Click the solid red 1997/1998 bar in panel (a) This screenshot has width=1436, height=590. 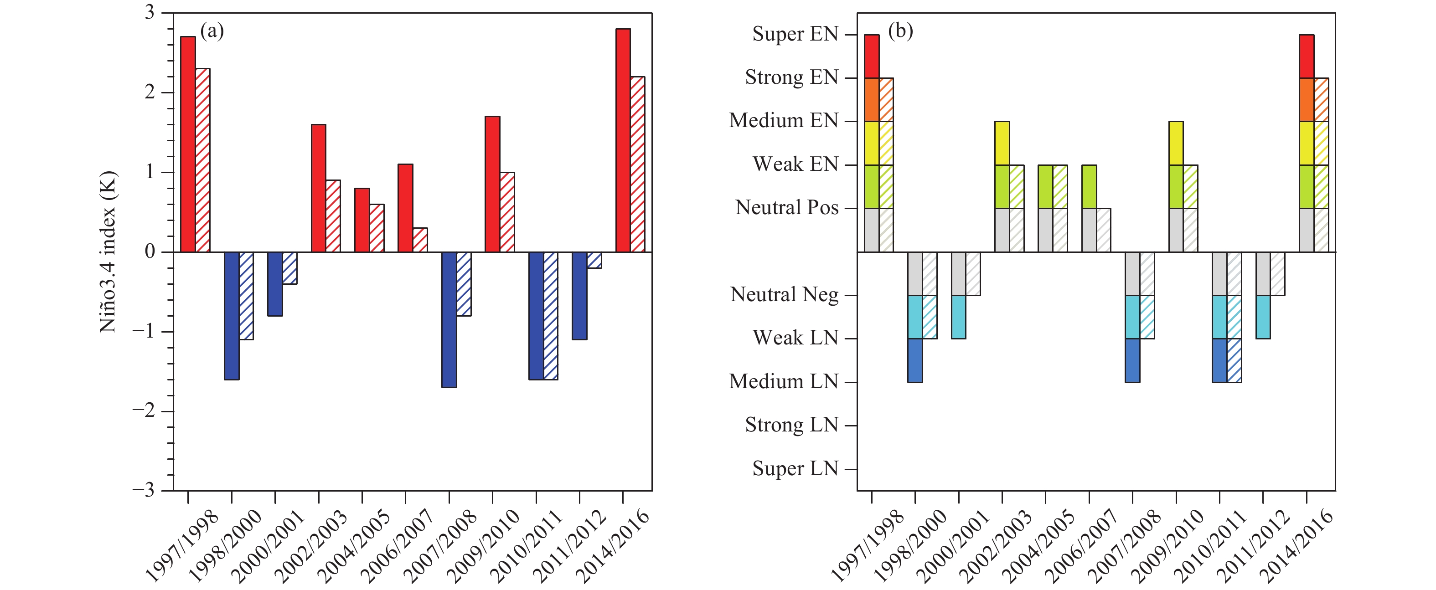click(x=188, y=144)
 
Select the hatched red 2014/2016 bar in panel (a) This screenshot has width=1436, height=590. click(x=637, y=164)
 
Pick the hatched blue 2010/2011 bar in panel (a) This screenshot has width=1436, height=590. click(x=550, y=315)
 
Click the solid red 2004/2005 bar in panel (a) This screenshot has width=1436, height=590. click(x=362, y=220)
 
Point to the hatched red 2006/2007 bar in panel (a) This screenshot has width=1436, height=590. click(x=420, y=240)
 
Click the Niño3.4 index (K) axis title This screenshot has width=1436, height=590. click(x=108, y=252)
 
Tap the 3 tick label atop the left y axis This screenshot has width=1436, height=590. click(x=150, y=12)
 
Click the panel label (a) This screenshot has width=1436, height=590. click(x=212, y=31)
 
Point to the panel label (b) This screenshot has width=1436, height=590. click(x=900, y=31)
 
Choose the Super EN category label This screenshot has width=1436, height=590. click(x=795, y=34)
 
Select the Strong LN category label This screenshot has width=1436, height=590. click(x=791, y=425)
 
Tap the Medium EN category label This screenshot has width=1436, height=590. click(x=783, y=120)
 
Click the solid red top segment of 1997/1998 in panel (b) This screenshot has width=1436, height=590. click(x=871, y=56)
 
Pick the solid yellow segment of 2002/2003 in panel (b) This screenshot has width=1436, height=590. click(x=1002, y=143)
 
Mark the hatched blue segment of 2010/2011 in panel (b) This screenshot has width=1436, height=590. click(x=1234, y=360)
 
